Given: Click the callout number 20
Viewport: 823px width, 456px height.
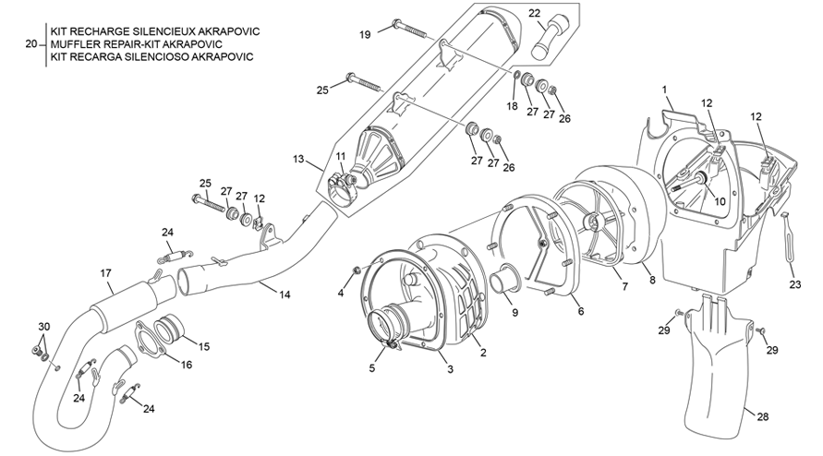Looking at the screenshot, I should (x=30, y=43).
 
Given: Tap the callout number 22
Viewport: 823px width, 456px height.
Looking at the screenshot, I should (x=535, y=13).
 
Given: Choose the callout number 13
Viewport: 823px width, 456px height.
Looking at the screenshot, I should (x=298, y=160).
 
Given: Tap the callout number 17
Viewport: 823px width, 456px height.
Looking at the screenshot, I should (x=105, y=272).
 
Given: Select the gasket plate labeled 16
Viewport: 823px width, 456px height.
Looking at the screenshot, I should (x=148, y=337).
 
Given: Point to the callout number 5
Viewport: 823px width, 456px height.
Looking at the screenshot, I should (x=373, y=367).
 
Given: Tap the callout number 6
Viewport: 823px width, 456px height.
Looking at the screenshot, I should (x=580, y=312).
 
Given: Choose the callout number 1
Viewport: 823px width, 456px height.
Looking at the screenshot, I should (x=664, y=89).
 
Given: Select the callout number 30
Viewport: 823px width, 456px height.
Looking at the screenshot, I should (x=43, y=328).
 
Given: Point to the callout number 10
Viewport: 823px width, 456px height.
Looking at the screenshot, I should (x=720, y=200).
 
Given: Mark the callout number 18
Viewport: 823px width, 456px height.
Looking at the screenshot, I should (x=512, y=106).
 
